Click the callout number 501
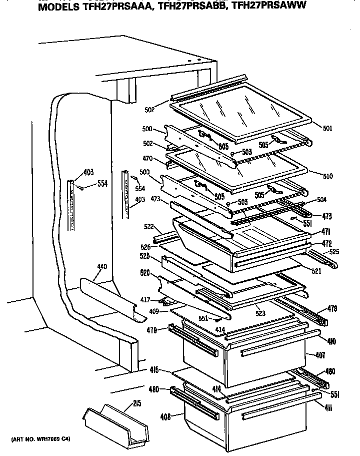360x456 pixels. (327, 128)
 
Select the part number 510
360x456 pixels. (327, 176)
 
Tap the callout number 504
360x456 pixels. (321, 199)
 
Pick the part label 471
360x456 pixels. (326, 232)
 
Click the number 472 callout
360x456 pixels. (326, 243)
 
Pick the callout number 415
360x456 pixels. (153, 370)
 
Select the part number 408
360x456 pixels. (165, 415)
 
